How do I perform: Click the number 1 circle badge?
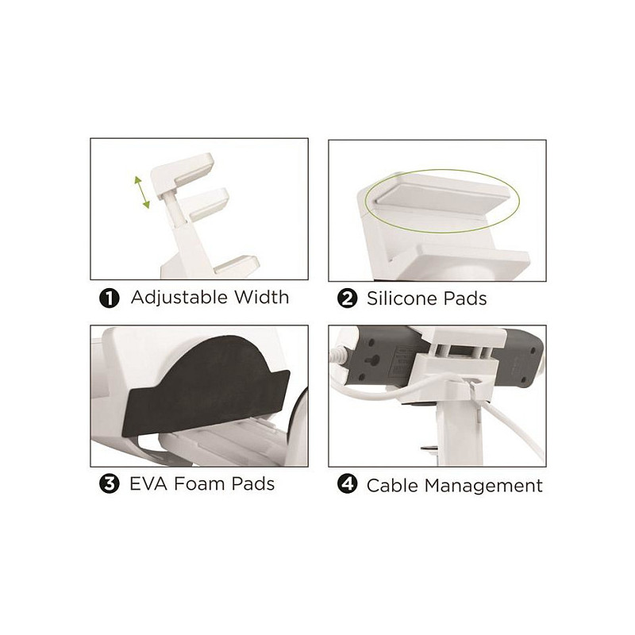(109, 298)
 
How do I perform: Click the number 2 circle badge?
(347, 299)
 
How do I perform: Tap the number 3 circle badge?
(109, 484)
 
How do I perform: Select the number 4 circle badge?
(347, 485)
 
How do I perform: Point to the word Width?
(262, 297)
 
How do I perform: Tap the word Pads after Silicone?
(465, 298)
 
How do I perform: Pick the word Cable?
(392, 486)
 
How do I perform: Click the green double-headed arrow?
(142, 192)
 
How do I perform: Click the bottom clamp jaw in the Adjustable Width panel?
(237, 264)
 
